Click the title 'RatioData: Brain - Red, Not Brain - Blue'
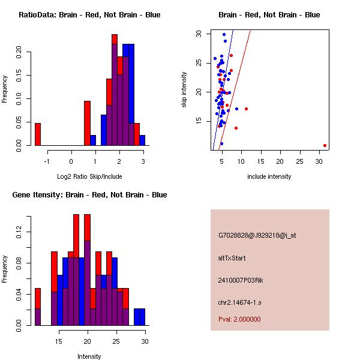pyautogui.click(x=89, y=14)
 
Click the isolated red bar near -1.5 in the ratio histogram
pyautogui.click(x=38, y=134)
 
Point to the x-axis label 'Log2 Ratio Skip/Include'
pyautogui.click(x=89, y=176)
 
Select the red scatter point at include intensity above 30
pyautogui.click(x=325, y=145)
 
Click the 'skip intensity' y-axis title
pyautogui.click(x=184, y=90)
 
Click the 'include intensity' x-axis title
pyautogui.click(x=269, y=176)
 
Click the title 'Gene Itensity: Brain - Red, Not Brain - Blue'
pyautogui.click(x=89, y=195)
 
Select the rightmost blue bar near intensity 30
pyautogui.click(x=139, y=317)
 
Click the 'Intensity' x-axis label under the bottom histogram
pyautogui.click(x=89, y=356)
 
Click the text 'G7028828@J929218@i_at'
pyautogui.click(x=257, y=235)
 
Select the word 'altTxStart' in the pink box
pyautogui.click(x=232, y=258)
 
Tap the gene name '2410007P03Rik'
pyautogui.click(x=241, y=280)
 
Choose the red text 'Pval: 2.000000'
pyautogui.click(x=239, y=319)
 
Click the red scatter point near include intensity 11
pyautogui.click(x=246, y=109)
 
